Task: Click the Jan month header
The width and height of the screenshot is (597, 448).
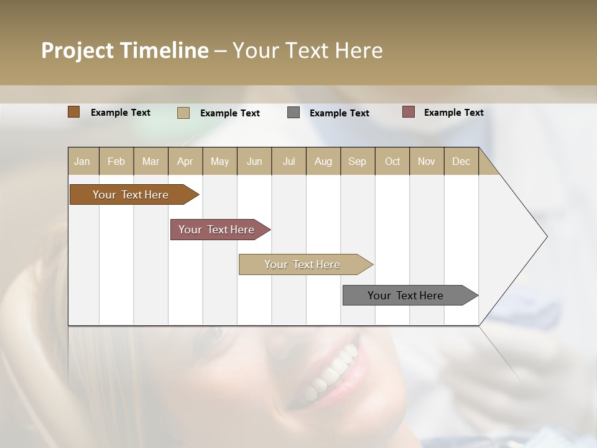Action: [83, 161]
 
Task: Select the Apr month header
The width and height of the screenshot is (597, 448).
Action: [185, 161]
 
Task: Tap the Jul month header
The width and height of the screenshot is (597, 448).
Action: [289, 161]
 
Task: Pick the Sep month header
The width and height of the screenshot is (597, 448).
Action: [358, 161]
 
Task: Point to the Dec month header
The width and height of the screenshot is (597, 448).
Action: [461, 161]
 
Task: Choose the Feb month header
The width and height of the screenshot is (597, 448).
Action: [116, 161]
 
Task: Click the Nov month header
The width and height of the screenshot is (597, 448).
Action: [427, 161]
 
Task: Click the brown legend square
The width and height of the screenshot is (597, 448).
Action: [73, 112]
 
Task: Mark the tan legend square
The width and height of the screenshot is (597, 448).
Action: [183, 113]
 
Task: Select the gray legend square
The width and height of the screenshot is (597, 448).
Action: [294, 113]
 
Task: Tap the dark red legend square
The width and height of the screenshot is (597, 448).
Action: [408, 112]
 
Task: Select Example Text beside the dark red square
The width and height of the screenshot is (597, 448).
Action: [453, 113]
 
